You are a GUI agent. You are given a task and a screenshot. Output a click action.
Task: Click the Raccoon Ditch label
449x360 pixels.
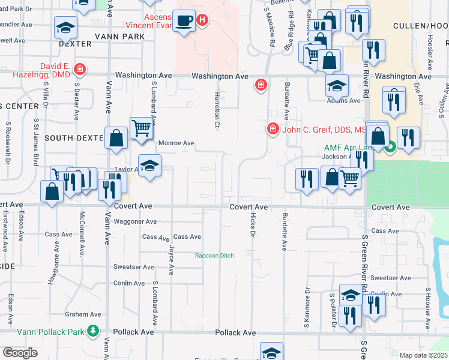pyautogui.click(x=214, y=256)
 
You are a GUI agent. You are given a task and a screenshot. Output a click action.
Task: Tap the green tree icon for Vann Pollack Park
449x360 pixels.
pyautogui.click(x=93, y=330)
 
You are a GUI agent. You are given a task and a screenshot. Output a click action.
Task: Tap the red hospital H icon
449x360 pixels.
pyautogui.click(x=203, y=20)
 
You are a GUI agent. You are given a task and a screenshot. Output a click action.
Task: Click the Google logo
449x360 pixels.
pyautogui.click(x=20, y=353)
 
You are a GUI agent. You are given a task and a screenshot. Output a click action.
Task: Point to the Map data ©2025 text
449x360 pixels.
pyautogui.click(x=423, y=355)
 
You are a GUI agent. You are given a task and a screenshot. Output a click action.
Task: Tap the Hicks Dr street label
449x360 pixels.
pyautogui.click(x=252, y=226)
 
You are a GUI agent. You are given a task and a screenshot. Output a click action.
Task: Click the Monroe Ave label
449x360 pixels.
pyautogui.click(x=176, y=143)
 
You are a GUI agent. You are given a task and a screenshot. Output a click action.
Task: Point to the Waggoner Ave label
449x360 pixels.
pyautogui.click(x=136, y=221)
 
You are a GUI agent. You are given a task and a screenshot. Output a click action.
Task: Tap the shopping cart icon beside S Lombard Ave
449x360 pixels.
pyautogui.click(x=140, y=127)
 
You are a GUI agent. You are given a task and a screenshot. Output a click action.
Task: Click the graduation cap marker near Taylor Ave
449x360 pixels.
pyautogui.click(x=149, y=164)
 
